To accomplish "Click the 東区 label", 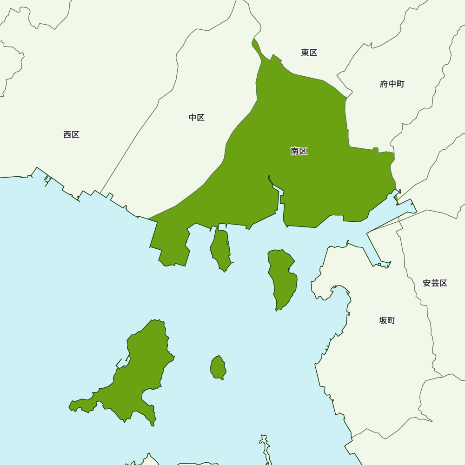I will point(309,53).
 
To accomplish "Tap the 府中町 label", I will point(392,84).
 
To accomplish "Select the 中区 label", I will point(196,118).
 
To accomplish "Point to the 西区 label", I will point(71,135).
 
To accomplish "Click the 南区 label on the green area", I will point(299,151).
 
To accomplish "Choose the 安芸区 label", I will point(435,283).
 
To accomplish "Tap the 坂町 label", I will point(387,320).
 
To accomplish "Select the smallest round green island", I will point(218,367).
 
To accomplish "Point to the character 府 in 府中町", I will point(384,84).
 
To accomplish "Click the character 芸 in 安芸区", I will point(435,283).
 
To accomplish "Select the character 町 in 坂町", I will point(391,320).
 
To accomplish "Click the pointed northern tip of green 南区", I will point(254,41).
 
